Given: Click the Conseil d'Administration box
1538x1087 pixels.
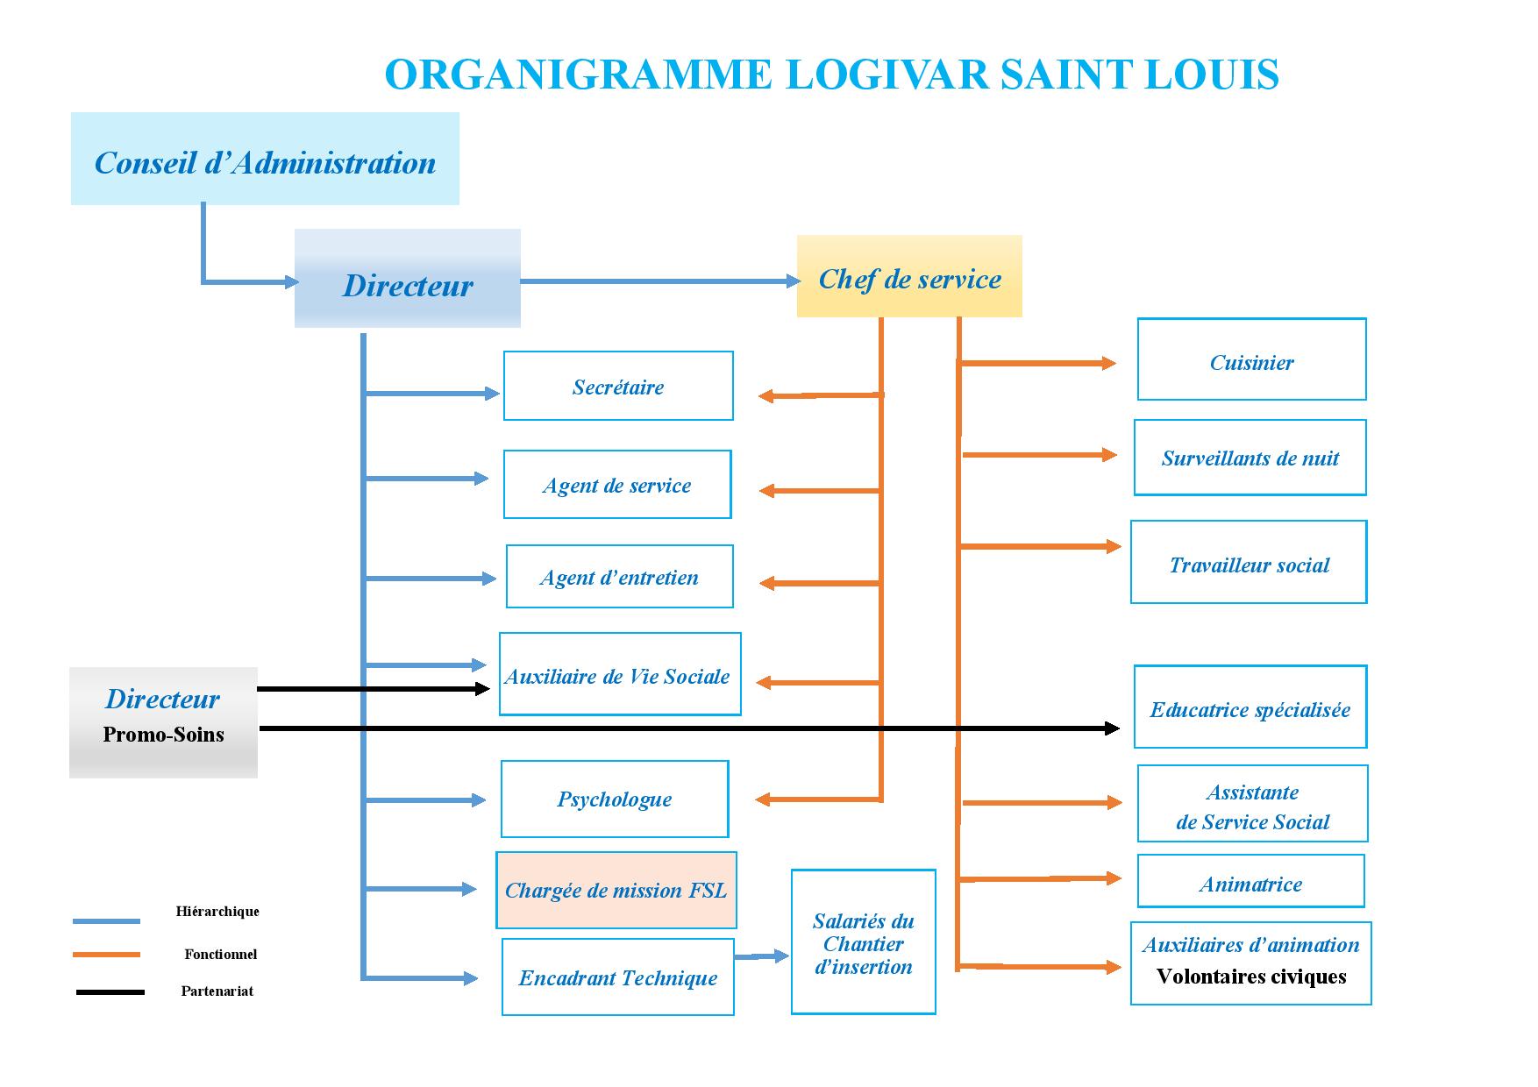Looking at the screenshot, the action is [x=265, y=159].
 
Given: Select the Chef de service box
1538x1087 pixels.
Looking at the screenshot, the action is [x=909, y=276].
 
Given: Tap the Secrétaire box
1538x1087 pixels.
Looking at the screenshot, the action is [x=618, y=386].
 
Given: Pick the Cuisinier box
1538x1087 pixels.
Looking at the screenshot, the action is [x=1251, y=359].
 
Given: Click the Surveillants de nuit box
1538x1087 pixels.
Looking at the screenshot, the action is [x=1250, y=458].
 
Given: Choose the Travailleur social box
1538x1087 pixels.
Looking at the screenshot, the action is [x=1249, y=562].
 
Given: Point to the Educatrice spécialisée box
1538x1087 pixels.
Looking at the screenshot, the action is [x=1250, y=707].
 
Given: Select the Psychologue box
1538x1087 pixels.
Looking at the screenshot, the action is [x=615, y=799].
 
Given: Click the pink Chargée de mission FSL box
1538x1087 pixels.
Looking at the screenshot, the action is [x=616, y=890].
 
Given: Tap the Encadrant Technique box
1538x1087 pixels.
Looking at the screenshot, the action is [x=618, y=977].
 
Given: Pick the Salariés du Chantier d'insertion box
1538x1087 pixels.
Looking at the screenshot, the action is [x=864, y=941].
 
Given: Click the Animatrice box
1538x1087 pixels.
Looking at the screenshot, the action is [x=1251, y=881].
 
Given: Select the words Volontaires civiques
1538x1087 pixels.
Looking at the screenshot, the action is [x=1251, y=977].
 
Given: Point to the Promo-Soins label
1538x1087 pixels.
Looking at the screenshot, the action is [x=163, y=735].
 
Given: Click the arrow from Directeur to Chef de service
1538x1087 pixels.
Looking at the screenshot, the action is [x=660, y=281].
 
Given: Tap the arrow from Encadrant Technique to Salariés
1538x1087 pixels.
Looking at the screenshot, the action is [x=762, y=956].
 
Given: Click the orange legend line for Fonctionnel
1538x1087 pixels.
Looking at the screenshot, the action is [x=107, y=955].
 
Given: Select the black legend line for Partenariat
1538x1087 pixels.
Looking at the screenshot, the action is [x=110, y=992].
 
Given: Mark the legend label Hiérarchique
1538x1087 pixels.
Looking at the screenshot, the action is [x=217, y=912].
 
